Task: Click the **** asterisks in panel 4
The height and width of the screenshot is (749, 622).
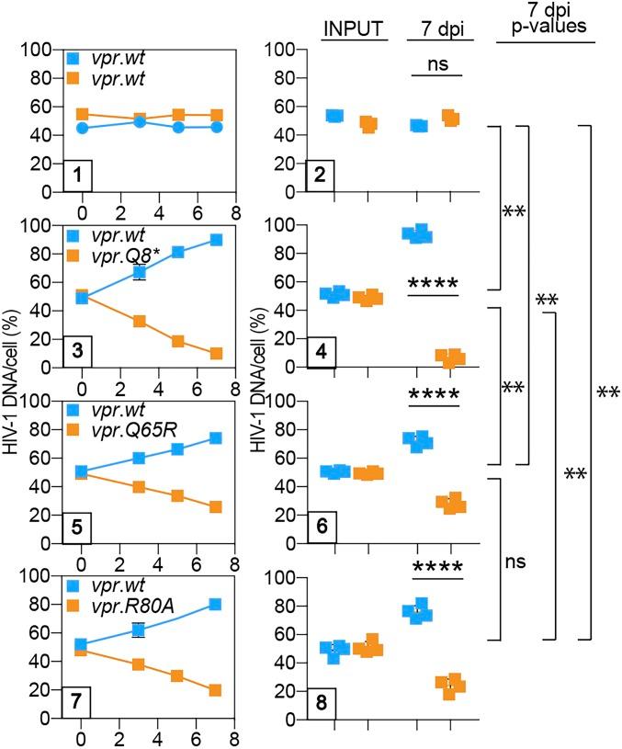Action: [x=435, y=283]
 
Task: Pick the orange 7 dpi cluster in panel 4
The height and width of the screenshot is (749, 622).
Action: [x=450, y=358]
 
